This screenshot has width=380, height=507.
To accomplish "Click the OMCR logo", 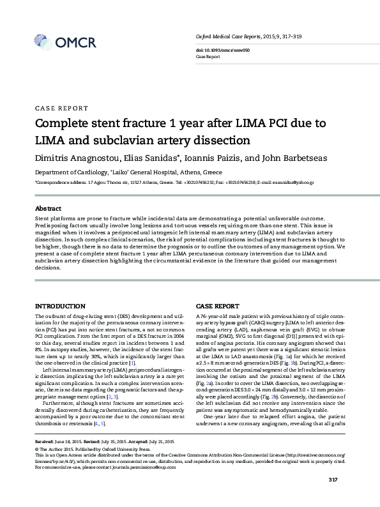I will click(x=61, y=43).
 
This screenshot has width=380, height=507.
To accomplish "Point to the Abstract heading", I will click(x=48, y=209).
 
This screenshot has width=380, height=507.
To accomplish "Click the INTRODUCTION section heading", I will click(x=59, y=307).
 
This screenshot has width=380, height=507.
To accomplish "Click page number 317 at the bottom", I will click(x=332, y=497).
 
